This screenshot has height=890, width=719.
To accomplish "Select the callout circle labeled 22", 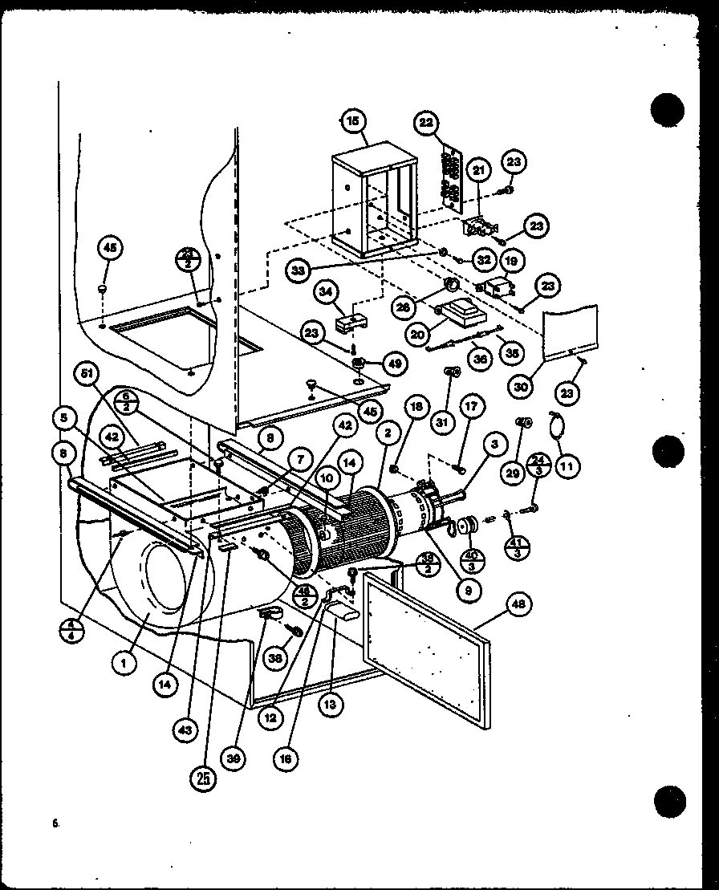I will click(x=427, y=123).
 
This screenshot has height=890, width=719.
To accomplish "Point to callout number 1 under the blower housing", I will click(x=124, y=664).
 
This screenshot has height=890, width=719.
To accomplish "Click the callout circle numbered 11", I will click(x=567, y=465).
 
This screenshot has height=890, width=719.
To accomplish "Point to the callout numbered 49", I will click(x=395, y=364).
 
